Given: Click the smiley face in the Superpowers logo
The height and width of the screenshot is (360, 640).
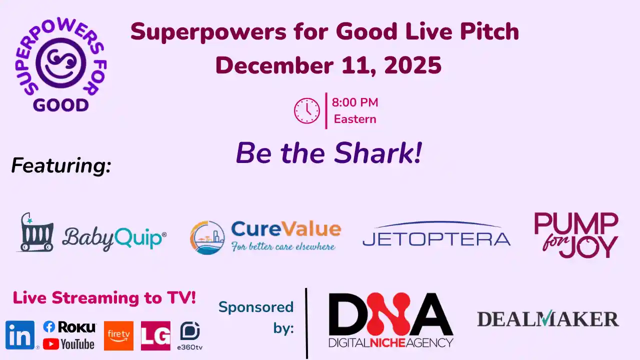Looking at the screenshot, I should coord(61,63).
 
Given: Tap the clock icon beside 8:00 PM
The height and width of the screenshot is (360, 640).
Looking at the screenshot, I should coord(306,110).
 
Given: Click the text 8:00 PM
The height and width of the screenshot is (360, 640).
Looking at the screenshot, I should coord(355,103).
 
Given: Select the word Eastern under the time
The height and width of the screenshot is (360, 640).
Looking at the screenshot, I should coord(355,119).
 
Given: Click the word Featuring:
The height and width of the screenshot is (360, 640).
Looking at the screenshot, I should coord(61,165).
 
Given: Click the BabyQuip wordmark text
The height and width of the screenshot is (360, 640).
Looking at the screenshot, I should coord(114,238).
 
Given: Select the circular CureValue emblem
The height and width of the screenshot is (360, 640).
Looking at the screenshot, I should coord(207,237).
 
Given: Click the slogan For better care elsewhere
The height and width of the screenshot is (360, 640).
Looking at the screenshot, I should coord(283,246).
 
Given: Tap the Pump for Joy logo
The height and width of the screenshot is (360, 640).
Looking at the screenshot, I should coord(576,235).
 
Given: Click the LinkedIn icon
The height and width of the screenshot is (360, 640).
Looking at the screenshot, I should coord(20,335).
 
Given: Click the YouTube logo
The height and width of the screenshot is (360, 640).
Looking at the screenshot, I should coord(68,344).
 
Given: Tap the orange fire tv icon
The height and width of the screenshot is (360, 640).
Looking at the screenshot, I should coord(118,335).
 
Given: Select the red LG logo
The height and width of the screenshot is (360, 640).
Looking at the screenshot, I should coord(155,335).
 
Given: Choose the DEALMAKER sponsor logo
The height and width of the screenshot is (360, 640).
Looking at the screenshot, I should coord(548,319).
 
